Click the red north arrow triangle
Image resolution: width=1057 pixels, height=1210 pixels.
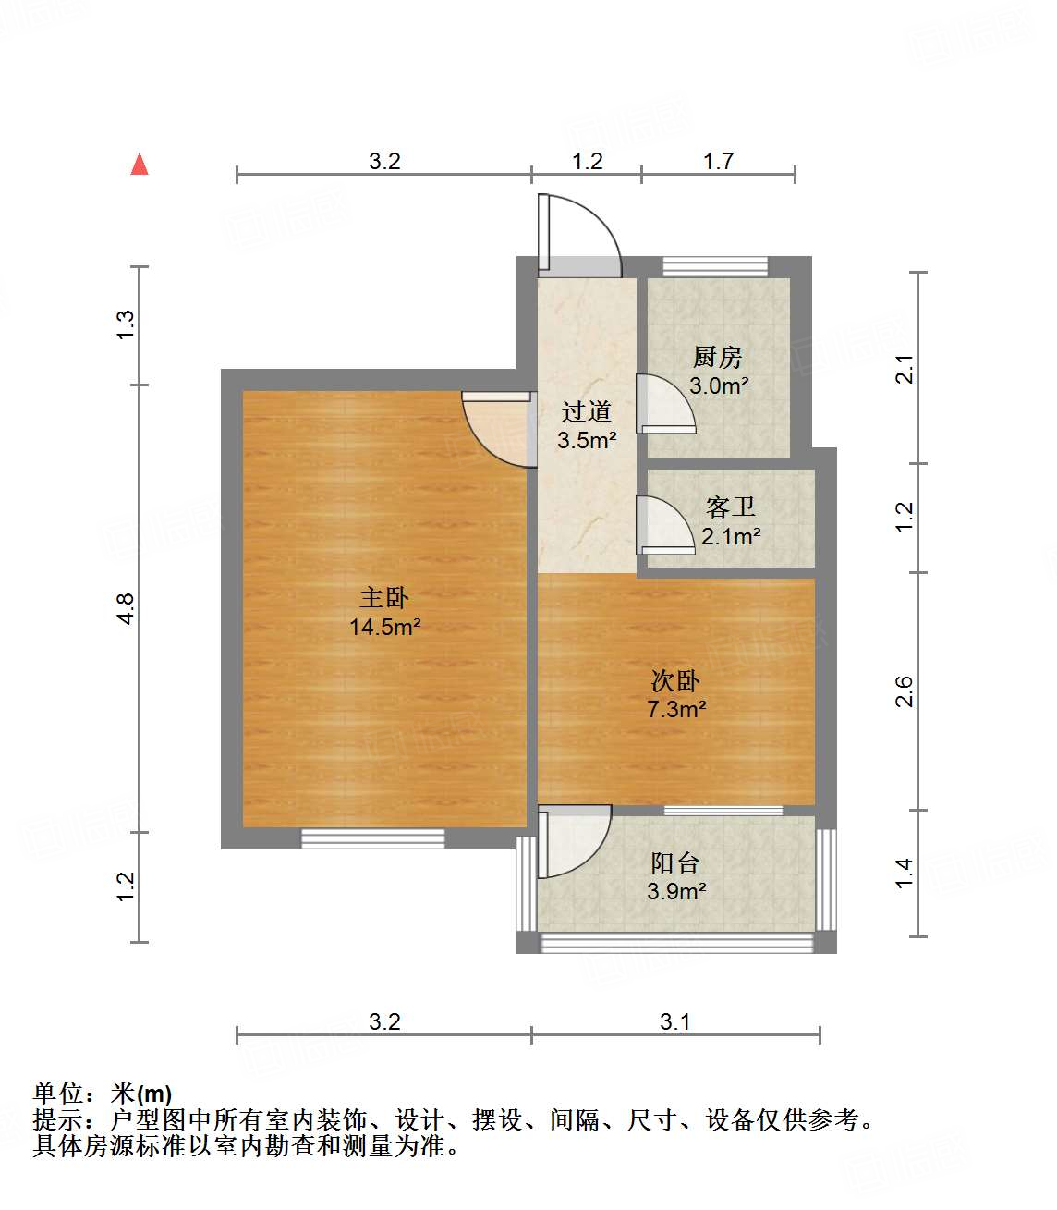pyautogui.click(x=140, y=165)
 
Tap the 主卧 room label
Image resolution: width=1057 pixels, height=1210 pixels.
pyautogui.click(x=384, y=597)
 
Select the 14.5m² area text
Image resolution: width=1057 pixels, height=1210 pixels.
pyautogui.click(x=384, y=627)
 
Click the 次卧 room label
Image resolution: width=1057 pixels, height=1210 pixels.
pyautogui.click(x=675, y=681)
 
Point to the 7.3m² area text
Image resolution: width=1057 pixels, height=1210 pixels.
pyautogui.click(x=676, y=709)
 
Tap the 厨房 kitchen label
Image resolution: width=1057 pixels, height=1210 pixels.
pyautogui.click(x=718, y=357)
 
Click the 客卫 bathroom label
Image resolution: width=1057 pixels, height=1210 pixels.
pyautogui.click(x=730, y=507)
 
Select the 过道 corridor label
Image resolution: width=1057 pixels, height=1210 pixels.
pyautogui.click(x=587, y=411)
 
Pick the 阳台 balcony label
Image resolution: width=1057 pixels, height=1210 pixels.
pyautogui.click(x=675, y=862)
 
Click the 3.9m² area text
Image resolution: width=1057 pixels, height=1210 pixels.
pyautogui.click(x=676, y=891)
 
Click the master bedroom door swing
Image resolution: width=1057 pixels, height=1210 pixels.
pyautogui.click(x=499, y=429)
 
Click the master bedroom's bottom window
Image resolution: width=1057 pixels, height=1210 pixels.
pyautogui.click(x=373, y=838)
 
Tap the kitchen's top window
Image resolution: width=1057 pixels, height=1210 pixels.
pyautogui.click(x=715, y=266)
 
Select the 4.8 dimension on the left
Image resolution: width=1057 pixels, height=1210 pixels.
pyautogui.click(x=126, y=608)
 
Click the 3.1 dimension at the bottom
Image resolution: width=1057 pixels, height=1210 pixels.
pyautogui.click(x=674, y=1021)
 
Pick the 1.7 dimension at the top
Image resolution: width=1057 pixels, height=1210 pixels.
pyautogui.click(x=718, y=161)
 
